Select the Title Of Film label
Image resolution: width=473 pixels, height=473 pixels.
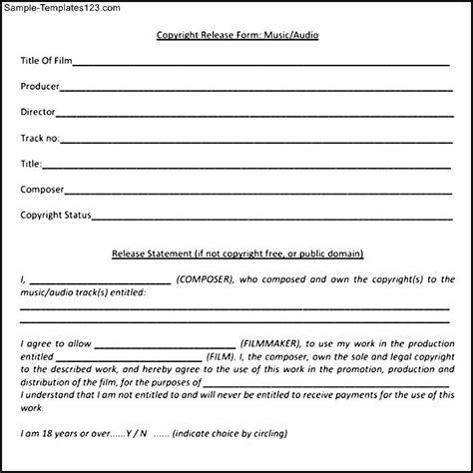[44, 62]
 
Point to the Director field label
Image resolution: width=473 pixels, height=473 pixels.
[38, 112]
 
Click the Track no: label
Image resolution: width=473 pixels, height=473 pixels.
[40, 137]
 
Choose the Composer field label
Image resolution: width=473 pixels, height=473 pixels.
[43, 187]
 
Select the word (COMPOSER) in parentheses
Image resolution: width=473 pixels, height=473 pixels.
[206, 280]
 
